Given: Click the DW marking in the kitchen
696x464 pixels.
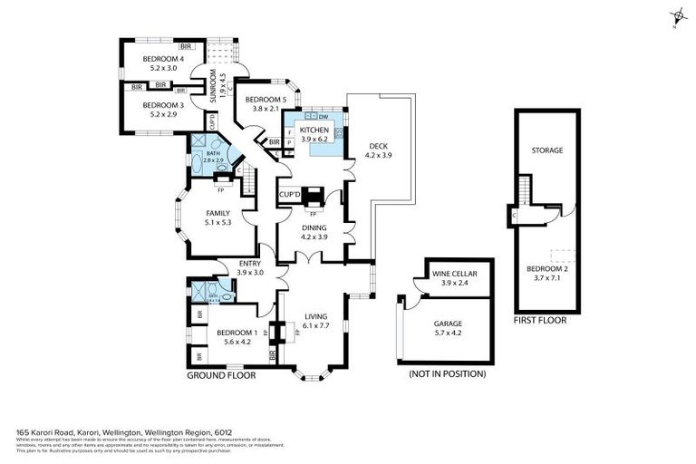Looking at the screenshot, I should tap(324, 117).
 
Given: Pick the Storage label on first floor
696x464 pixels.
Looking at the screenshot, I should tap(546, 150).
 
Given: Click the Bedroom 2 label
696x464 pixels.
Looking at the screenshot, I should tap(546, 272).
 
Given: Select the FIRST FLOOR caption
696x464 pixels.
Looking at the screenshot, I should tap(539, 320).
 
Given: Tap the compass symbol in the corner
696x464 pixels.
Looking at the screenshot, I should tap(678, 16).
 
